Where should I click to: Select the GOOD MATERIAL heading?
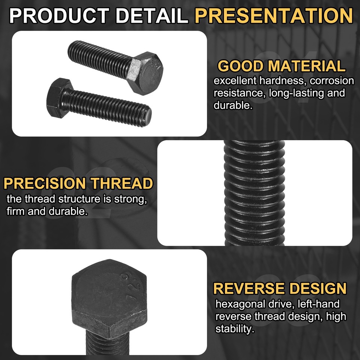coord(282,66)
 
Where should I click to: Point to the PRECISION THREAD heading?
coord(78,184)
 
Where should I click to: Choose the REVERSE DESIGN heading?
coord(280,289)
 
